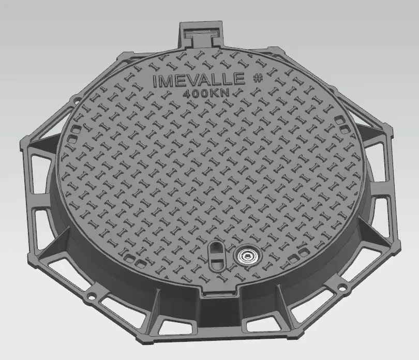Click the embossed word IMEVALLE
[x=200, y=81]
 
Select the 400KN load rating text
[x=206, y=94]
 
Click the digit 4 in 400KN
[x=187, y=94]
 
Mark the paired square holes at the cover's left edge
[x=76, y=127]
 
